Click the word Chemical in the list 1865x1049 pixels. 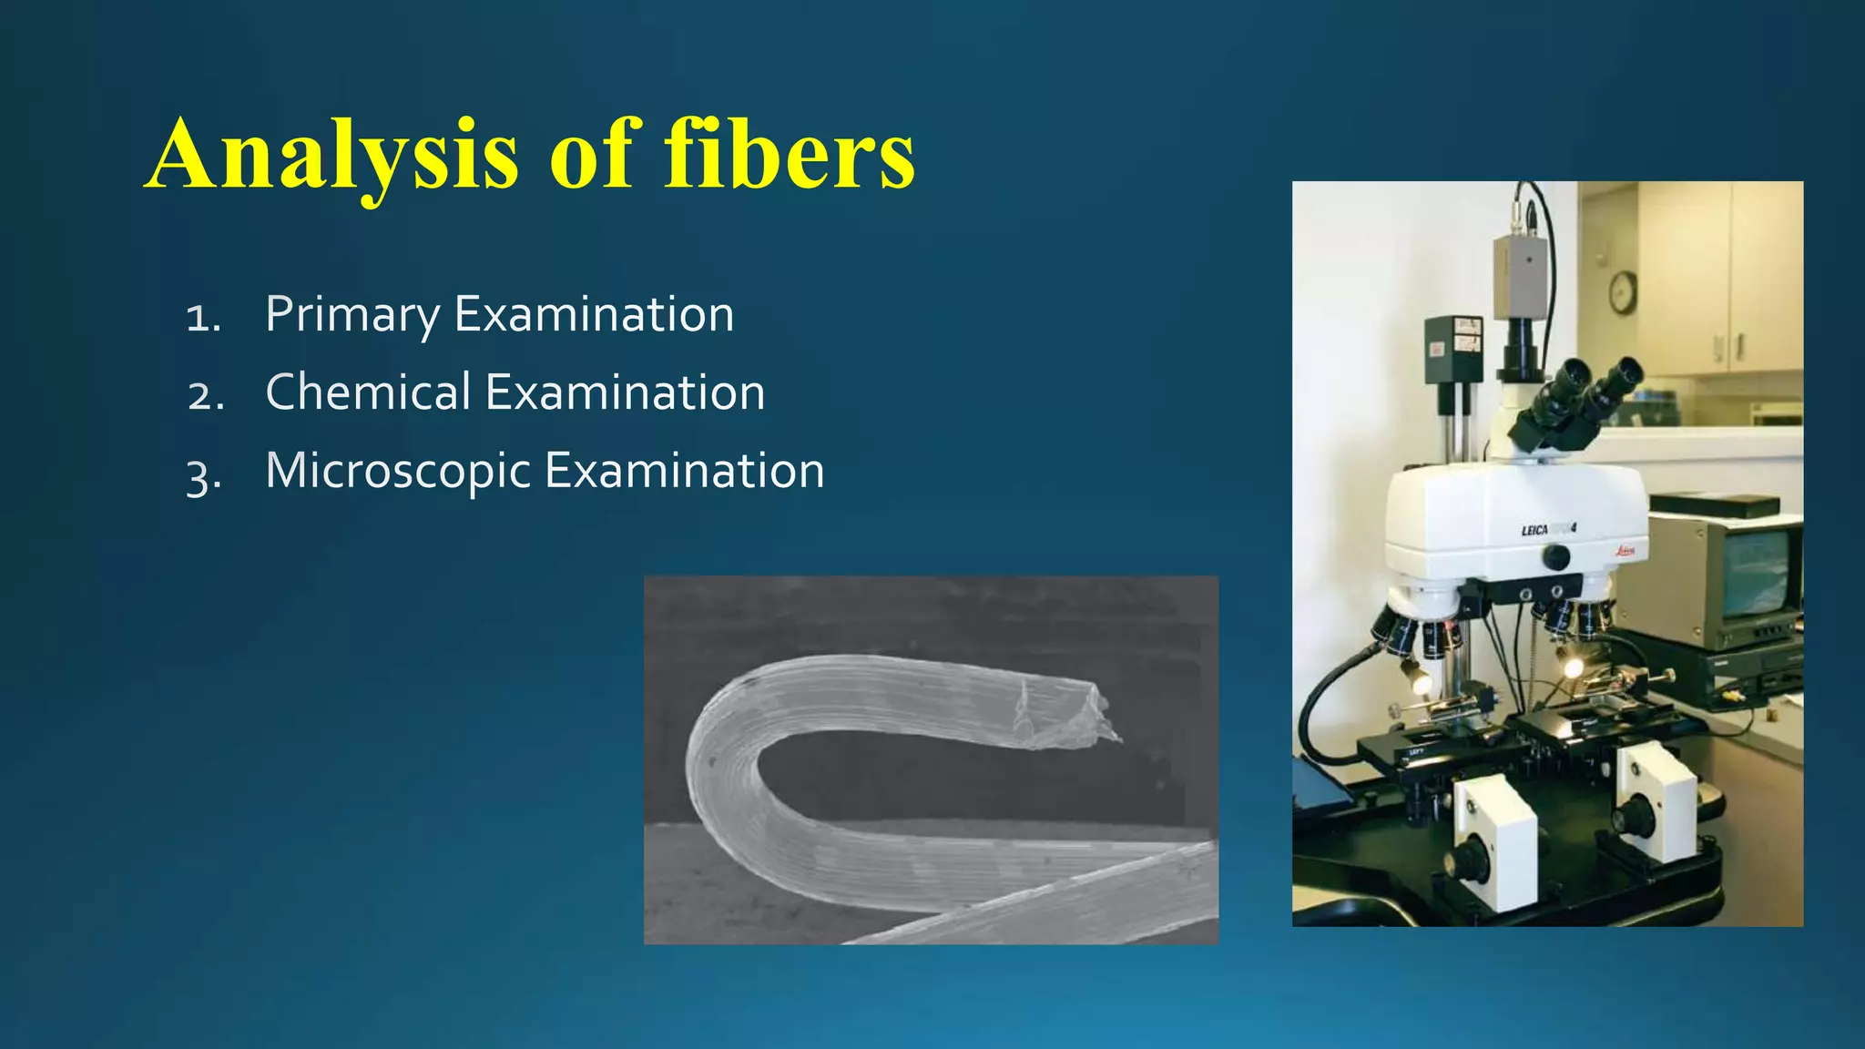pos(368,392)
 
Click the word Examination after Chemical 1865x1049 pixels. pos(625,392)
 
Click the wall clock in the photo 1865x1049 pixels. pos(1622,292)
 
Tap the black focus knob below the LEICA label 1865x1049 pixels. pos(1555,556)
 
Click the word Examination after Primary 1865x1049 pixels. pos(594,315)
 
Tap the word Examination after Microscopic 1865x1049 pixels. pos(684,472)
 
